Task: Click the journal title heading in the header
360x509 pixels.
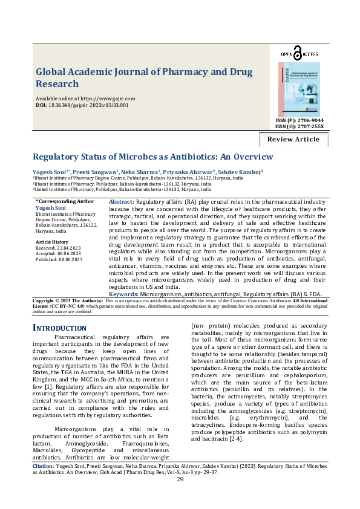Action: point(144,77)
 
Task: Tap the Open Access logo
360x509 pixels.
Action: point(299,53)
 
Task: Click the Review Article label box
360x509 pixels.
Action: point(293,139)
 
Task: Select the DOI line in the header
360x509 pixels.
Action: point(82,105)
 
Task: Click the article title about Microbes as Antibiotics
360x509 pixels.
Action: point(152,157)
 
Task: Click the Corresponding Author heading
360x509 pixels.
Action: point(65,201)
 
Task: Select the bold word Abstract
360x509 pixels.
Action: point(122,201)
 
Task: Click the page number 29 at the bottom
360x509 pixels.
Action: point(180,496)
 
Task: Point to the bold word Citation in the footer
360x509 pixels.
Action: point(44,484)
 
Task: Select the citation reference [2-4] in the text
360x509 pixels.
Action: point(235,438)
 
